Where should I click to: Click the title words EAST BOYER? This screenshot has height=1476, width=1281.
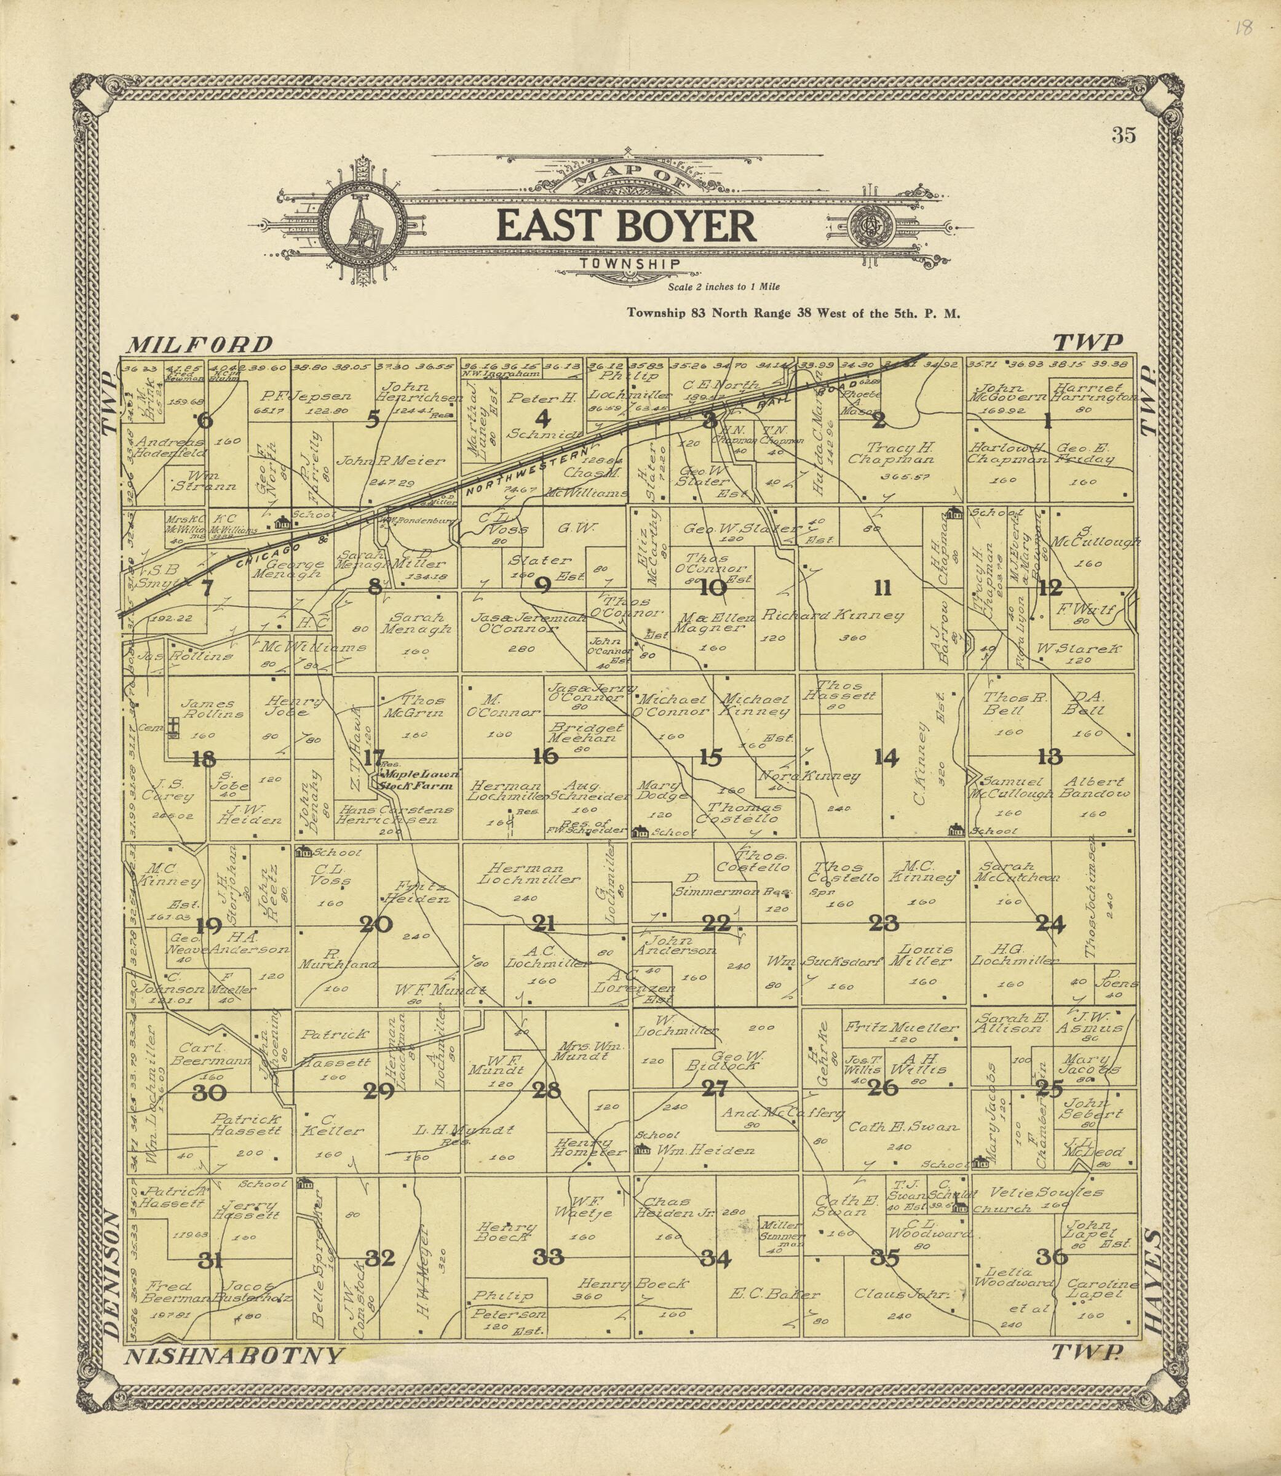[626, 226]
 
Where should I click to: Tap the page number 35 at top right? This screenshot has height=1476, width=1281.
[1124, 135]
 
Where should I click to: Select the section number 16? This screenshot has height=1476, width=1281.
[545, 757]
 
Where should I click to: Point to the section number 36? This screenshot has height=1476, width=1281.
[1052, 1257]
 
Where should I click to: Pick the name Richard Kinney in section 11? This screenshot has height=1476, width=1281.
[832, 615]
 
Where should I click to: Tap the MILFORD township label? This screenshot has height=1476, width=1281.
[199, 345]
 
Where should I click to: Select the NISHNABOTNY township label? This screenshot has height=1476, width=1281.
[234, 1356]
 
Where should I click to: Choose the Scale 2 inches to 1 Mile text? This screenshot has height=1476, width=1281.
[723, 287]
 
